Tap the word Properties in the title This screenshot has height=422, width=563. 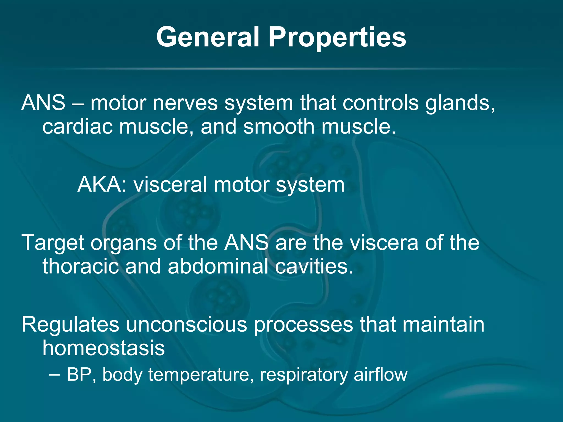(337, 38)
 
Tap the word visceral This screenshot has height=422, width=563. (170, 185)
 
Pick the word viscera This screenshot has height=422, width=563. (383, 243)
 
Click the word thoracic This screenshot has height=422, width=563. (80, 266)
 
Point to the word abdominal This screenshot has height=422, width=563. (218, 266)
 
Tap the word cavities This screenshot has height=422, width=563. (314, 266)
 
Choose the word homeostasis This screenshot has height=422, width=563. (104, 348)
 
